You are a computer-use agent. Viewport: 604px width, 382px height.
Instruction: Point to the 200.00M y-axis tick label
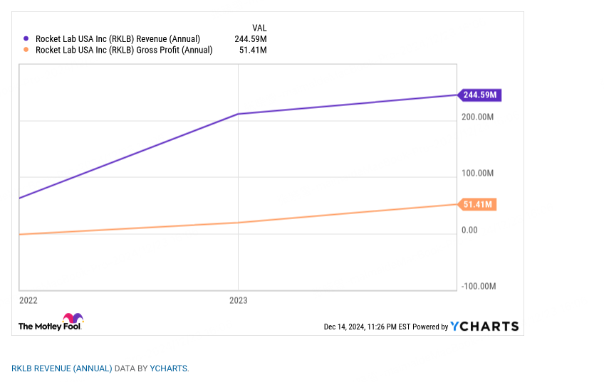479,117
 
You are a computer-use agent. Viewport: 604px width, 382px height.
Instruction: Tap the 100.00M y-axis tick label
479,174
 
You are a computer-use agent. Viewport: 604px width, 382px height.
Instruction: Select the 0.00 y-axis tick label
470,230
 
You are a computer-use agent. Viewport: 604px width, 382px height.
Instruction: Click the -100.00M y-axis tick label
479,287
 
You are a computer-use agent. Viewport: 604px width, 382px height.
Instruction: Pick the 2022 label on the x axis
28,301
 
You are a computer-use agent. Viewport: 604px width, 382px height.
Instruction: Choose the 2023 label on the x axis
238,301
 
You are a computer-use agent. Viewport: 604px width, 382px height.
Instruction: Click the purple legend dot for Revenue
26,39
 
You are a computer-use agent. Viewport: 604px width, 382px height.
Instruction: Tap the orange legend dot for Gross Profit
26,50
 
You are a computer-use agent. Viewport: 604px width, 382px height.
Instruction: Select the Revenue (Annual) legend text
118,39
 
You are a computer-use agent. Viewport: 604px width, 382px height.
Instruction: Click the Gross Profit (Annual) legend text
124,50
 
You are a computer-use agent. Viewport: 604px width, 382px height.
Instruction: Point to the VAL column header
259,28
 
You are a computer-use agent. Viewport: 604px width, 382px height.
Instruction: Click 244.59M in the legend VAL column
251,39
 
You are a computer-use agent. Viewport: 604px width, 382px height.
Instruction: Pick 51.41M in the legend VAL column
254,50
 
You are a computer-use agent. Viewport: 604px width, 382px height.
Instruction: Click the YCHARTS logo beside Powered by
484,327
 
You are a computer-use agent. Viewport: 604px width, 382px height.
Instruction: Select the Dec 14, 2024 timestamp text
367,327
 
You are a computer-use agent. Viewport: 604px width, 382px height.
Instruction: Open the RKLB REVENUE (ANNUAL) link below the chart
62,368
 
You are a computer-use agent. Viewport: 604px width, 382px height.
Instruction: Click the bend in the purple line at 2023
238,114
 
